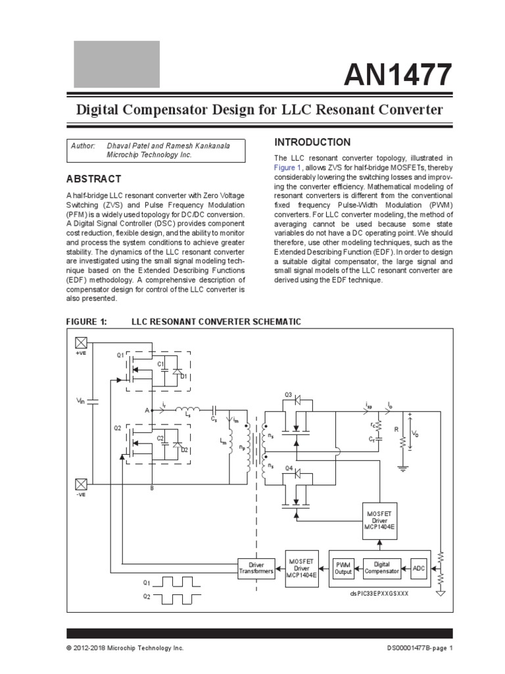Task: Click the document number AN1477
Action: point(398,74)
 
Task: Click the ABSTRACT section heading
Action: point(93,179)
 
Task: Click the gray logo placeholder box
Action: point(116,64)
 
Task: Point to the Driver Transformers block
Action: point(256,568)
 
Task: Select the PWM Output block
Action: point(343,568)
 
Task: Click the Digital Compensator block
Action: point(382,568)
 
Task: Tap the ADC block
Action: point(419,568)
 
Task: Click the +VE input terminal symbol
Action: point(81,342)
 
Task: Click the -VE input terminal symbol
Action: point(81,484)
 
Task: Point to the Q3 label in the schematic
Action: point(288,394)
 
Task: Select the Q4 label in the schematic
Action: point(288,468)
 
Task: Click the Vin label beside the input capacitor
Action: point(80,400)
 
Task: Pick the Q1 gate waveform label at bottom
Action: point(147,583)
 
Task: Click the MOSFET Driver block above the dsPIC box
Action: point(380,521)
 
